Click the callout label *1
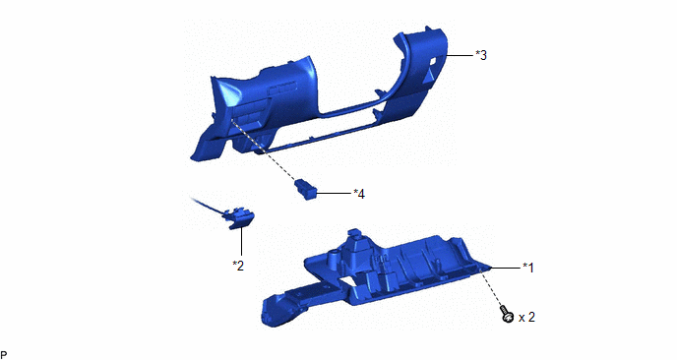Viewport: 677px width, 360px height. tap(528, 269)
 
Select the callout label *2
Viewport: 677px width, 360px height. tap(238, 266)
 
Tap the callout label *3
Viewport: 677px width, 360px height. tap(481, 55)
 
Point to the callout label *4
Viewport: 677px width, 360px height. tap(359, 194)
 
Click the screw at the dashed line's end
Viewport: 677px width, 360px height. tap(507, 314)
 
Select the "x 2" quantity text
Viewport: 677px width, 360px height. tap(526, 318)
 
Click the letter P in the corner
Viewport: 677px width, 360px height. tap(4, 355)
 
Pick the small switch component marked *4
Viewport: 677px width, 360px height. tap(306, 190)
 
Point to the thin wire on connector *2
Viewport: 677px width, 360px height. tap(208, 205)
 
